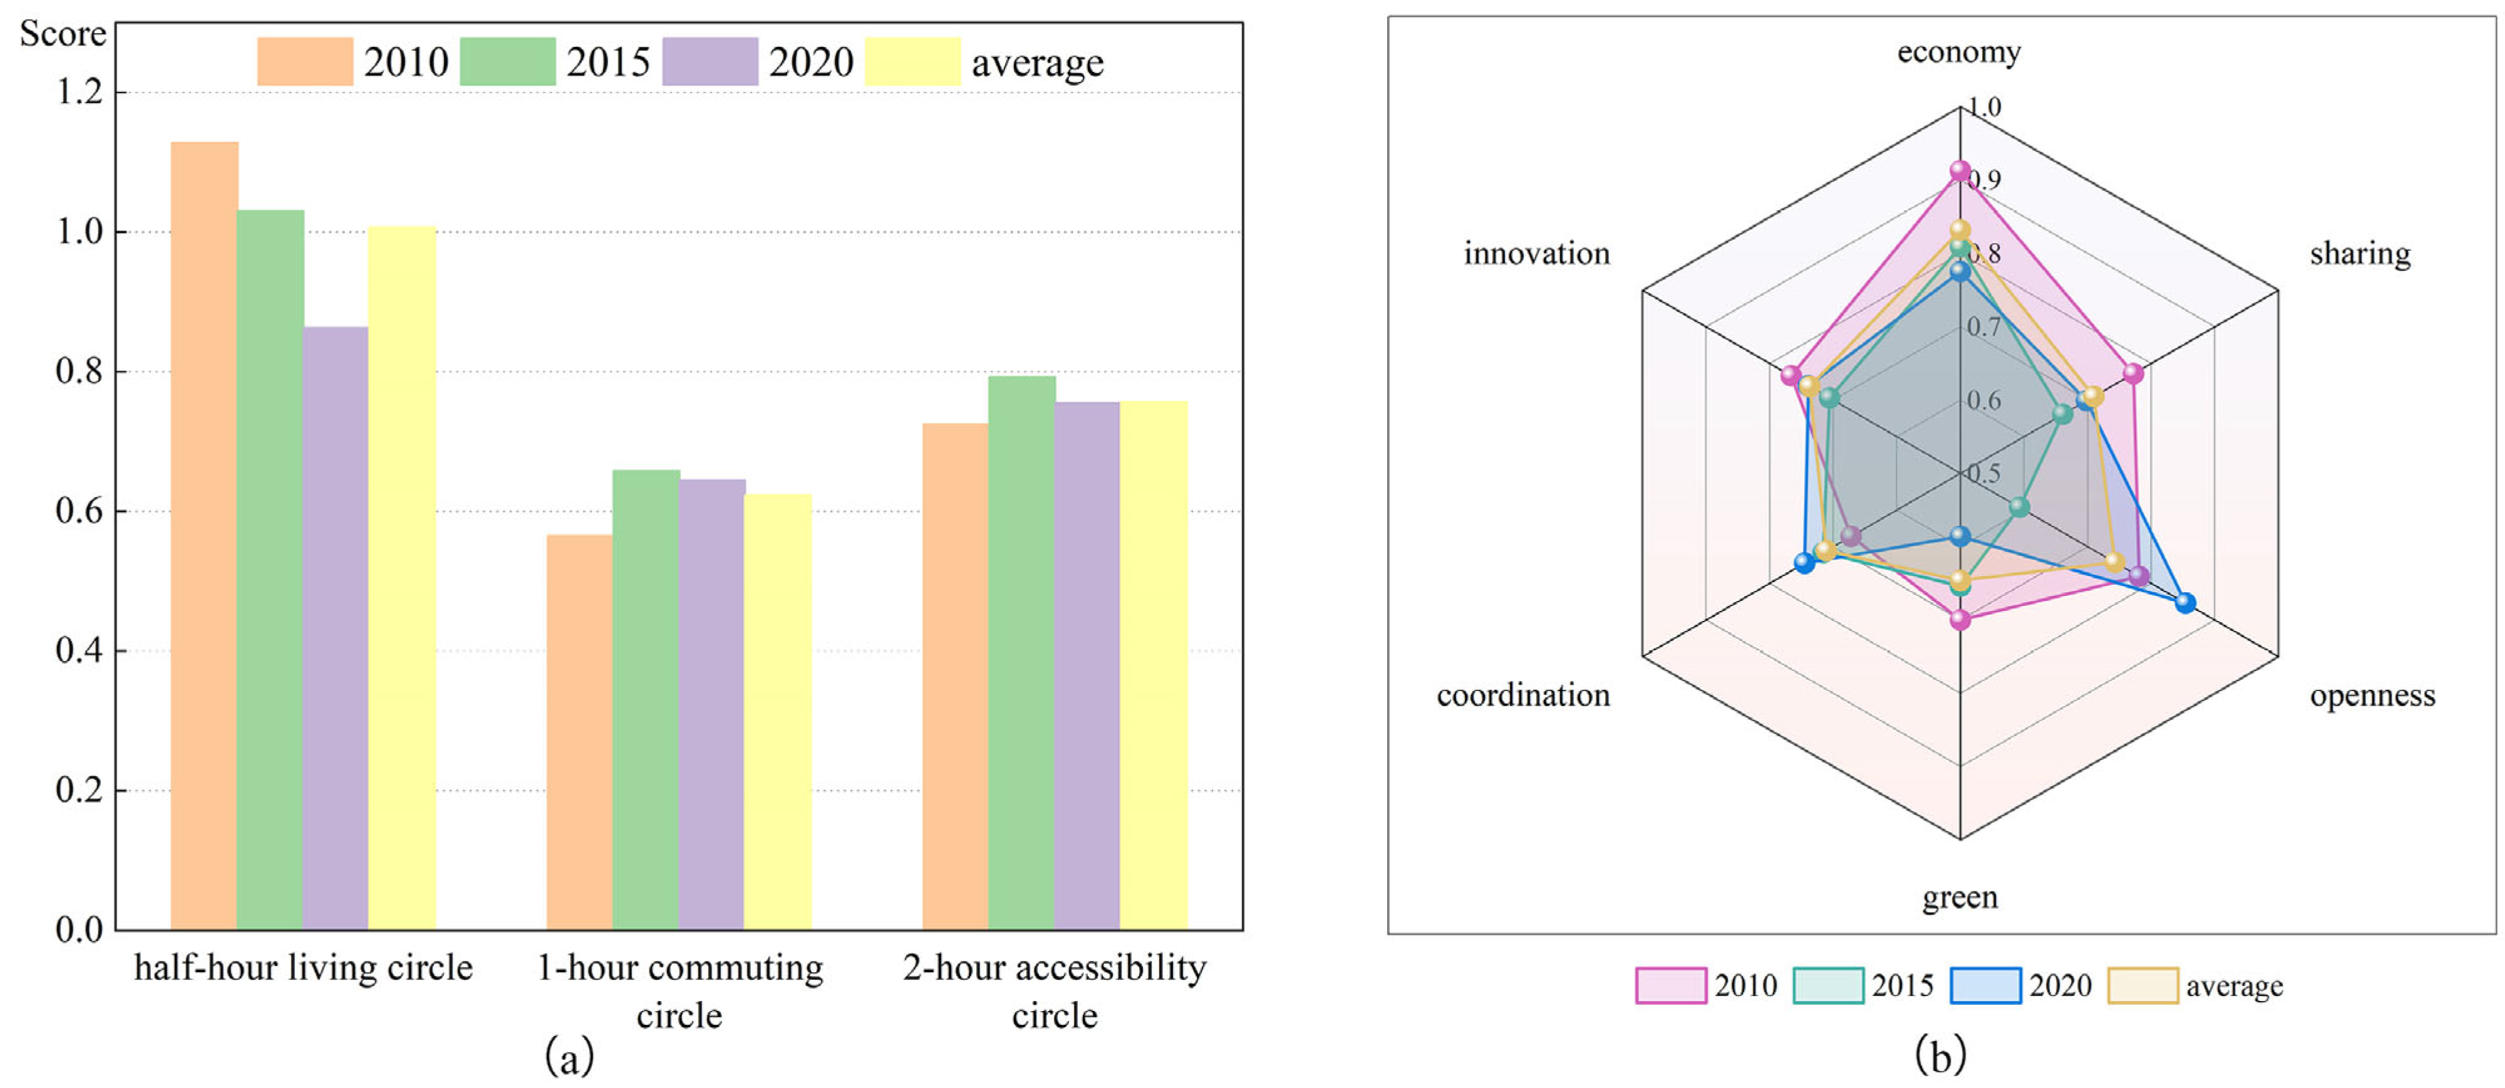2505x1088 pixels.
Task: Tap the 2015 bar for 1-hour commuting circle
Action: (x=646, y=699)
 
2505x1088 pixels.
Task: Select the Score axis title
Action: (x=62, y=34)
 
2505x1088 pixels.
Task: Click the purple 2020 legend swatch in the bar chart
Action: (x=710, y=61)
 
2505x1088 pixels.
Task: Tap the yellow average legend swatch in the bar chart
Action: (x=912, y=61)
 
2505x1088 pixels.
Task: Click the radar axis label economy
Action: (x=1958, y=51)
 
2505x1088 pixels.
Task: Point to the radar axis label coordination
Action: (x=1523, y=695)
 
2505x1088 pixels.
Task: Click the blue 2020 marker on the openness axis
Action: (x=2185, y=603)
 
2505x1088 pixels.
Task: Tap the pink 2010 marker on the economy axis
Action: (x=1960, y=172)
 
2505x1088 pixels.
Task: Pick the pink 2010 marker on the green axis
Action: (x=1960, y=619)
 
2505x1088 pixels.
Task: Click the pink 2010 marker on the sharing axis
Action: (x=2132, y=373)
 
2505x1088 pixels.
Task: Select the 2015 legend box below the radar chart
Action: (x=1828, y=985)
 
